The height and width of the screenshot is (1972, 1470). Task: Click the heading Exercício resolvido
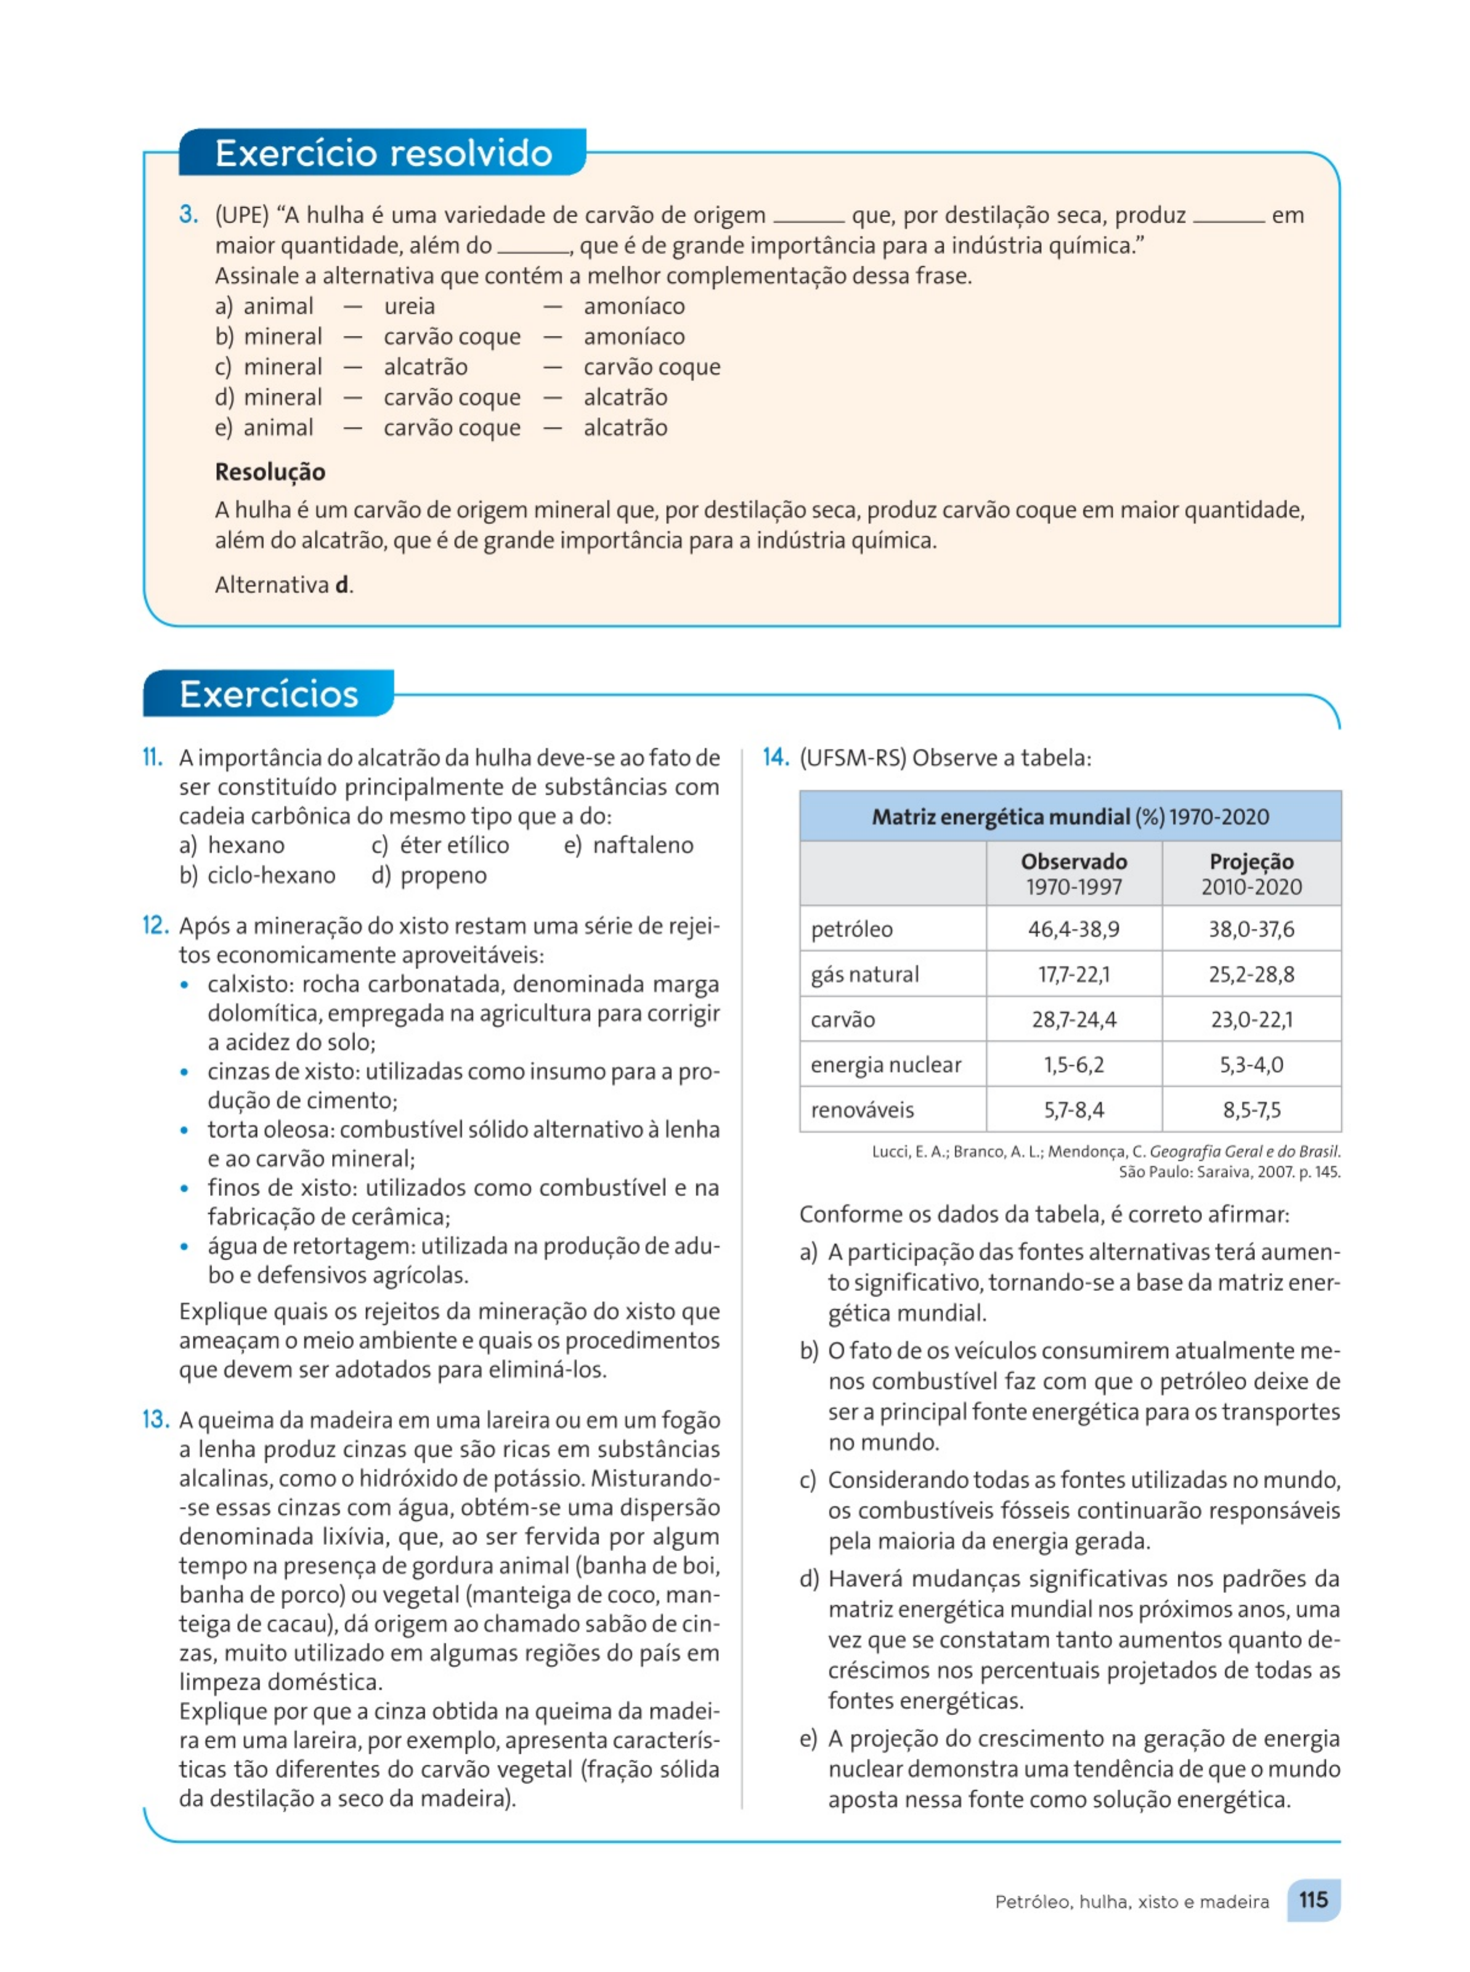coord(383,153)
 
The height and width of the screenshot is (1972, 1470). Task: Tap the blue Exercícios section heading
coord(269,694)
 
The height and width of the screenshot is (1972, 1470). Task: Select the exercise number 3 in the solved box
coord(188,214)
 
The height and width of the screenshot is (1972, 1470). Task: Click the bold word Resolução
coord(270,471)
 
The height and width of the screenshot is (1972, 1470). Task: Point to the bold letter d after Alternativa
coord(342,585)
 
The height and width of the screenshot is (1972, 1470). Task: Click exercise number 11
coord(153,757)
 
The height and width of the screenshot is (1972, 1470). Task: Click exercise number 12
coord(155,926)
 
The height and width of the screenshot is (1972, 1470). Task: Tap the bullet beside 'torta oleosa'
coord(184,1130)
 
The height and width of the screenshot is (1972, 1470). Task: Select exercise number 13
coord(155,1419)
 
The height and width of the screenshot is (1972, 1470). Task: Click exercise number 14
coord(776,757)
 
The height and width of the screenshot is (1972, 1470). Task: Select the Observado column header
coord(1073,862)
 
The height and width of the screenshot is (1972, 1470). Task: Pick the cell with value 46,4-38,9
coord(1073,929)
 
